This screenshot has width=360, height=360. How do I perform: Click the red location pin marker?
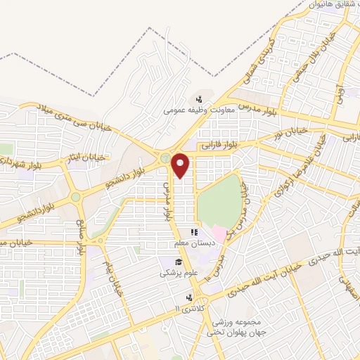tap(181, 165)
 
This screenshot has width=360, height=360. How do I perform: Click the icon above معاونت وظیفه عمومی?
tap(200, 99)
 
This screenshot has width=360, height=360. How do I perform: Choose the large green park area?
tap(220, 201)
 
